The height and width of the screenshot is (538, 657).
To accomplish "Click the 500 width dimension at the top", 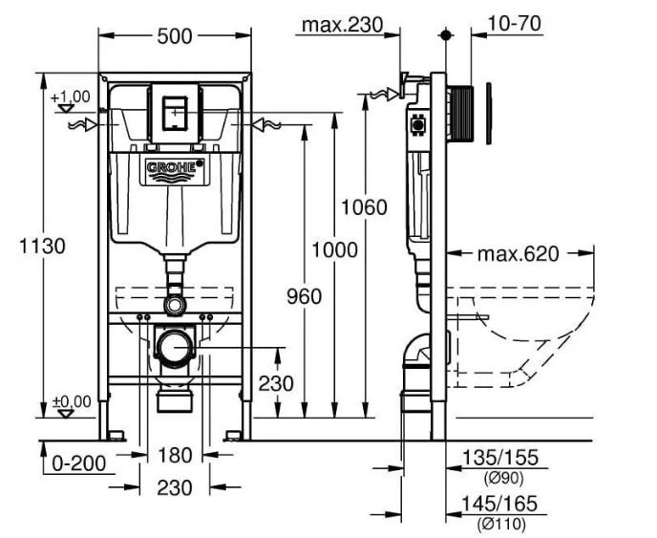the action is (x=175, y=36).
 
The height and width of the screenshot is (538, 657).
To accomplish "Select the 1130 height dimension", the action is (x=42, y=246).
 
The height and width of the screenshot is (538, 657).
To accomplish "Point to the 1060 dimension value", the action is (x=364, y=207).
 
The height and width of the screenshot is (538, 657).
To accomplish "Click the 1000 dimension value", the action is (x=335, y=250).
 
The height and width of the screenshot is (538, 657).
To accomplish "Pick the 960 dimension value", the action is (x=305, y=296).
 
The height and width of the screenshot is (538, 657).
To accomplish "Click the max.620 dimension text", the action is (x=519, y=253).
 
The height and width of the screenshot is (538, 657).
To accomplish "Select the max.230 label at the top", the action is (x=343, y=25).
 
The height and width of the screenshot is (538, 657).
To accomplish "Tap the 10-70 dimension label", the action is (x=515, y=24).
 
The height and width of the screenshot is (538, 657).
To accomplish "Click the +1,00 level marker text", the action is (x=71, y=97).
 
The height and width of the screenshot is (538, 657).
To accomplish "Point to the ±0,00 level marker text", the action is (x=72, y=401).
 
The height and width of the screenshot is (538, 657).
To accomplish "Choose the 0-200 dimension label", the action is (x=79, y=463).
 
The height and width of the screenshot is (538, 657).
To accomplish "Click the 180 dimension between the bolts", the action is (x=175, y=455).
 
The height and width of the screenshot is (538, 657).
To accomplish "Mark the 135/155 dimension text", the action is (x=499, y=458).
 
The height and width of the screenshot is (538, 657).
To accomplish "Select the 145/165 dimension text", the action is (x=499, y=504).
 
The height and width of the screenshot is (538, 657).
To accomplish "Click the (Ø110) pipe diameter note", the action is (x=500, y=524).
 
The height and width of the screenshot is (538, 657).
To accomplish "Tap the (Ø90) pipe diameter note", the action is (x=503, y=478).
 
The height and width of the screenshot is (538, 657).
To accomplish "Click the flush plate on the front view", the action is (x=175, y=113).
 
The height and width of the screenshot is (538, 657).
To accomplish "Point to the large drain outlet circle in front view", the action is (x=175, y=348).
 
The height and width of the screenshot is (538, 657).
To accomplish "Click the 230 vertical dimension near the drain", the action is (x=276, y=383).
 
